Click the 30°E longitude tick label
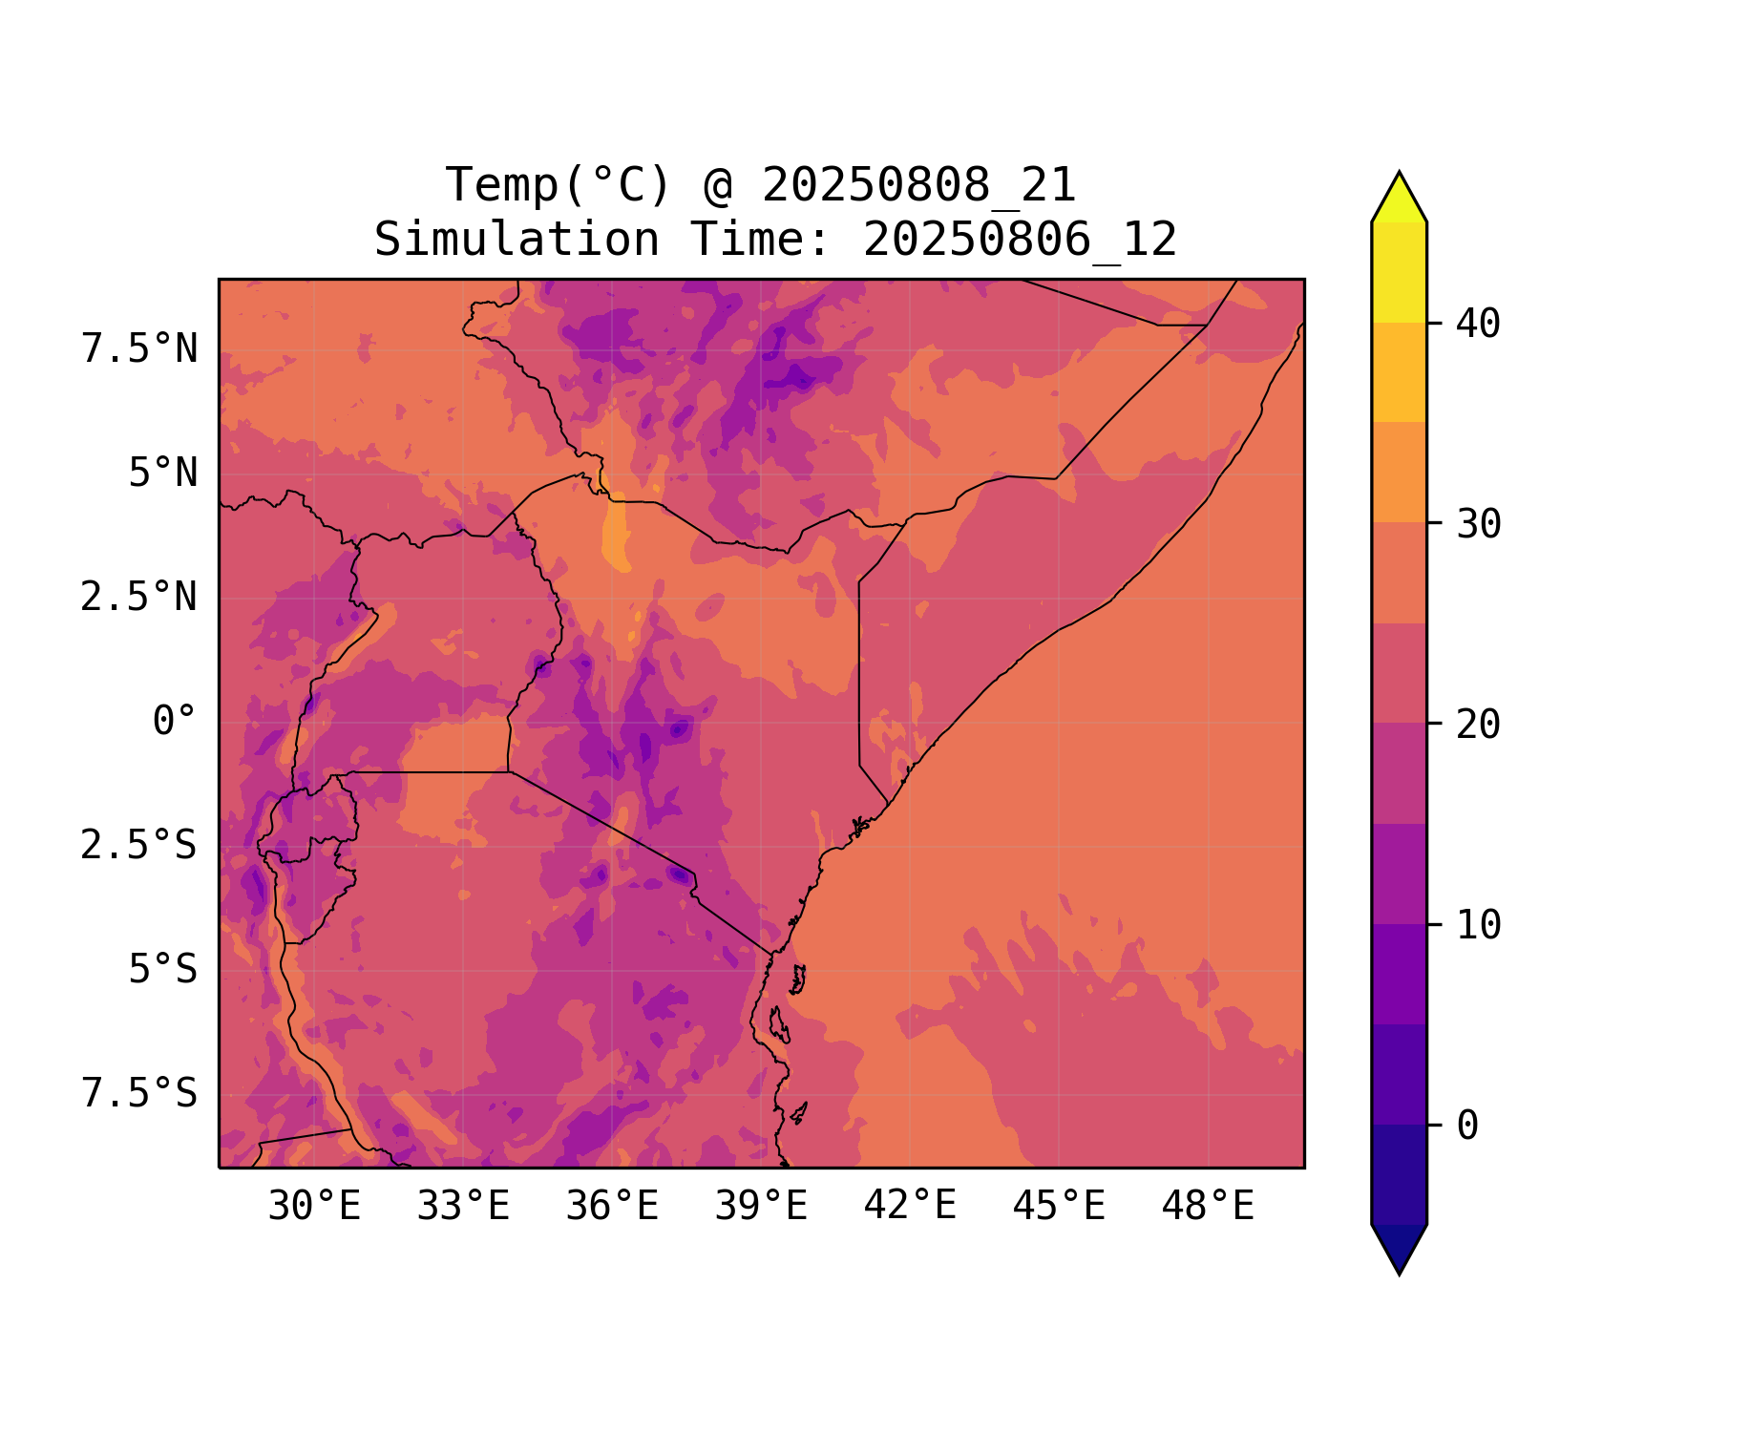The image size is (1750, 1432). click(314, 1207)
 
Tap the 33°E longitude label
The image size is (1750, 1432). click(463, 1207)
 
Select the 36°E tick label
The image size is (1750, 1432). click(612, 1207)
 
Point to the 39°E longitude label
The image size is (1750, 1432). click(761, 1207)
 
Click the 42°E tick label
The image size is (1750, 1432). click(910, 1207)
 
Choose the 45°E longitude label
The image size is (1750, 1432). click(1059, 1207)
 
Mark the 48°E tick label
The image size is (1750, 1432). click(1208, 1207)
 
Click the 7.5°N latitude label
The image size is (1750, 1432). click(139, 349)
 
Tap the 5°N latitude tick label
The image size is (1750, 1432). click(163, 474)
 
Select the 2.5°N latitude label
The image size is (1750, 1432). click(139, 598)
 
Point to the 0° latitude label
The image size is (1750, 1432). click(175, 722)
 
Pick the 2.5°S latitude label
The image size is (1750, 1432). click(139, 846)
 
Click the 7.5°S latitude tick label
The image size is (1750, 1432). click(139, 1094)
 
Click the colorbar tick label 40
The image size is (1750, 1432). click(1478, 325)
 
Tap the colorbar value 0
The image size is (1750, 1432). click(1467, 1127)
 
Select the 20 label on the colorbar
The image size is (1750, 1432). click(1478, 726)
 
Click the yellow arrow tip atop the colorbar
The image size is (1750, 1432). click(1399, 196)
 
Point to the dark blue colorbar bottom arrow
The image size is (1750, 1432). click(1399, 1249)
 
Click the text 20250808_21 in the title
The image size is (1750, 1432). click(918, 185)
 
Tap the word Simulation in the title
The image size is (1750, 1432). click(517, 240)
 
